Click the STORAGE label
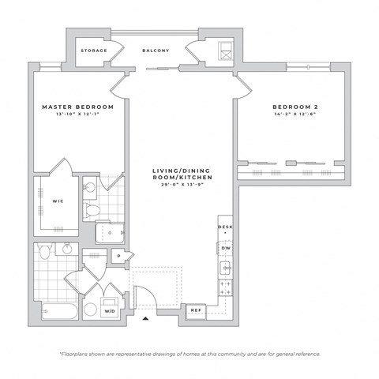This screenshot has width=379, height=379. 94,51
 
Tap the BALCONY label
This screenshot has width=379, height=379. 156,51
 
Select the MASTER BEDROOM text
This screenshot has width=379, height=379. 78,107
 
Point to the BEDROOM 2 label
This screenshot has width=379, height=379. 295,107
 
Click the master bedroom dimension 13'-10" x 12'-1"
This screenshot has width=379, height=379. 78,114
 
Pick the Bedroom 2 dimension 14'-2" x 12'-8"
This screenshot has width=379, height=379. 295,114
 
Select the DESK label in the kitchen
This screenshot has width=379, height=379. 225,227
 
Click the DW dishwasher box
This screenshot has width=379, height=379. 225,248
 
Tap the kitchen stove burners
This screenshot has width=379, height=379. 224,287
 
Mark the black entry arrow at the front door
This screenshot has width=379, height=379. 147,319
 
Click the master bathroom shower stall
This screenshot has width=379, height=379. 110,233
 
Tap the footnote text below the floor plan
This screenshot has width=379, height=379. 189,354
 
